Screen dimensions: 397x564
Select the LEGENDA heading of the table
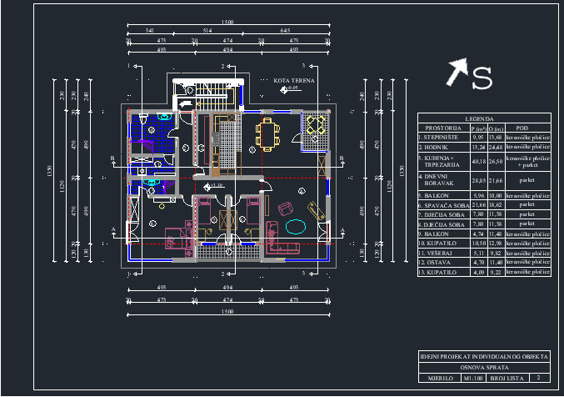pos(483,119)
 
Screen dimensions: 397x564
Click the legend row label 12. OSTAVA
pos(436,261)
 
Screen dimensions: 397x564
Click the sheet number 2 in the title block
pos(539,378)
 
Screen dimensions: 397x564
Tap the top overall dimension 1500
pos(227,21)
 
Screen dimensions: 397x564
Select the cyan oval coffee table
pos(296,225)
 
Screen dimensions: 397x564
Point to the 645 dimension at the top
pos(284,31)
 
